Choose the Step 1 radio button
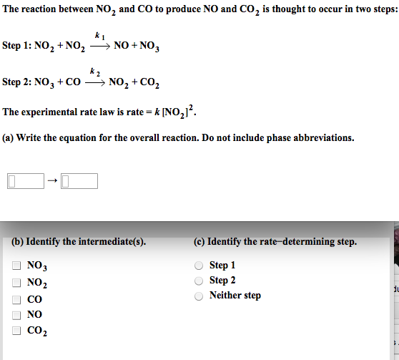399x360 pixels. tap(200, 266)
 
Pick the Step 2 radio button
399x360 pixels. tap(200, 281)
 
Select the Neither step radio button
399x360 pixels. tap(200, 296)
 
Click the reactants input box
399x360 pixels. tap(25, 180)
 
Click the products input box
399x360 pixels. tap(79, 180)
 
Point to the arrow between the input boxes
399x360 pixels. tap(51, 180)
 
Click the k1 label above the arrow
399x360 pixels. tap(98, 35)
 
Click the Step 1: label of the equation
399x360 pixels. tap(16, 46)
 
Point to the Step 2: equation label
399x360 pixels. tap(16, 82)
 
